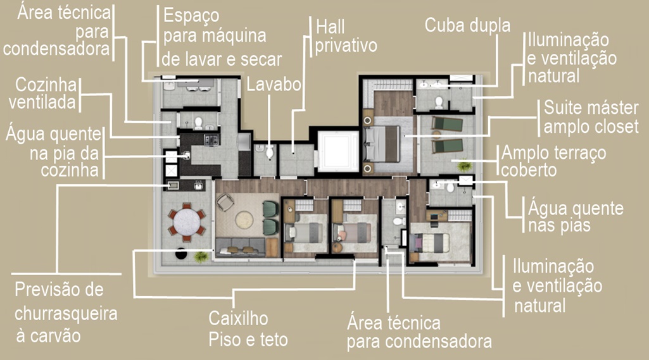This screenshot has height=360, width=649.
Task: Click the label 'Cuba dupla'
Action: pyautogui.click(x=467, y=25)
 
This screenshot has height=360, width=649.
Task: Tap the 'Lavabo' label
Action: pyautogui.click(x=274, y=84)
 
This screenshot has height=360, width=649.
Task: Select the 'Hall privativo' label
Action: pyautogui.click(x=346, y=37)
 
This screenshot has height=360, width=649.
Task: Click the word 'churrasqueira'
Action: pyautogui.click(x=66, y=313)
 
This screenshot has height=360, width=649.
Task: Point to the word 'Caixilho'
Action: pyautogui.click(x=239, y=319)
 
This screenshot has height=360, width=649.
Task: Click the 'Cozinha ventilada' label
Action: pyautogui.click(x=43, y=94)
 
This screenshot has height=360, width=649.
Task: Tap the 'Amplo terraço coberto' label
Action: pyautogui.click(x=553, y=161)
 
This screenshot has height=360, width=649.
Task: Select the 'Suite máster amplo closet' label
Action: pyautogui.click(x=591, y=117)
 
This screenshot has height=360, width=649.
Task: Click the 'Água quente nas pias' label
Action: pyautogui.click(x=576, y=217)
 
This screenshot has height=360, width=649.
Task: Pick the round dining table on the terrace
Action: pyautogui.click(x=187, y=222)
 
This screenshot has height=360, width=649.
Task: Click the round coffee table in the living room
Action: pyautogui.click(x=244, y=220)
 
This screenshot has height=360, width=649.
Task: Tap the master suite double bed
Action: pyautogui.click(x=382, y=144)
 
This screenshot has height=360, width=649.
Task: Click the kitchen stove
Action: pyautogui.click(x=211, y=140)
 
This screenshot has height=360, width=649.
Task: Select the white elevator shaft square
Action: pyautogui.click(x=337, y=151)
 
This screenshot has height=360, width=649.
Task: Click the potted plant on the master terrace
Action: pyautogui.click(x=464, y=166)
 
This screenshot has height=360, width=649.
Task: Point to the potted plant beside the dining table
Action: pyautogui.click(x=201, y=257)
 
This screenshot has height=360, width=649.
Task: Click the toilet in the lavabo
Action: pyautogui.click(x=270, y=152)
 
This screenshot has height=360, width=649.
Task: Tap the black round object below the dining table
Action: pyautogui.click(x=181, y=253)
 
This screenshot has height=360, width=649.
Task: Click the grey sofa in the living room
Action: pyautogui.click(x=241, y=247)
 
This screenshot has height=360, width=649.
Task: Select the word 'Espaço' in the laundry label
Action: pyautogui.click(x=191, y=16)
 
